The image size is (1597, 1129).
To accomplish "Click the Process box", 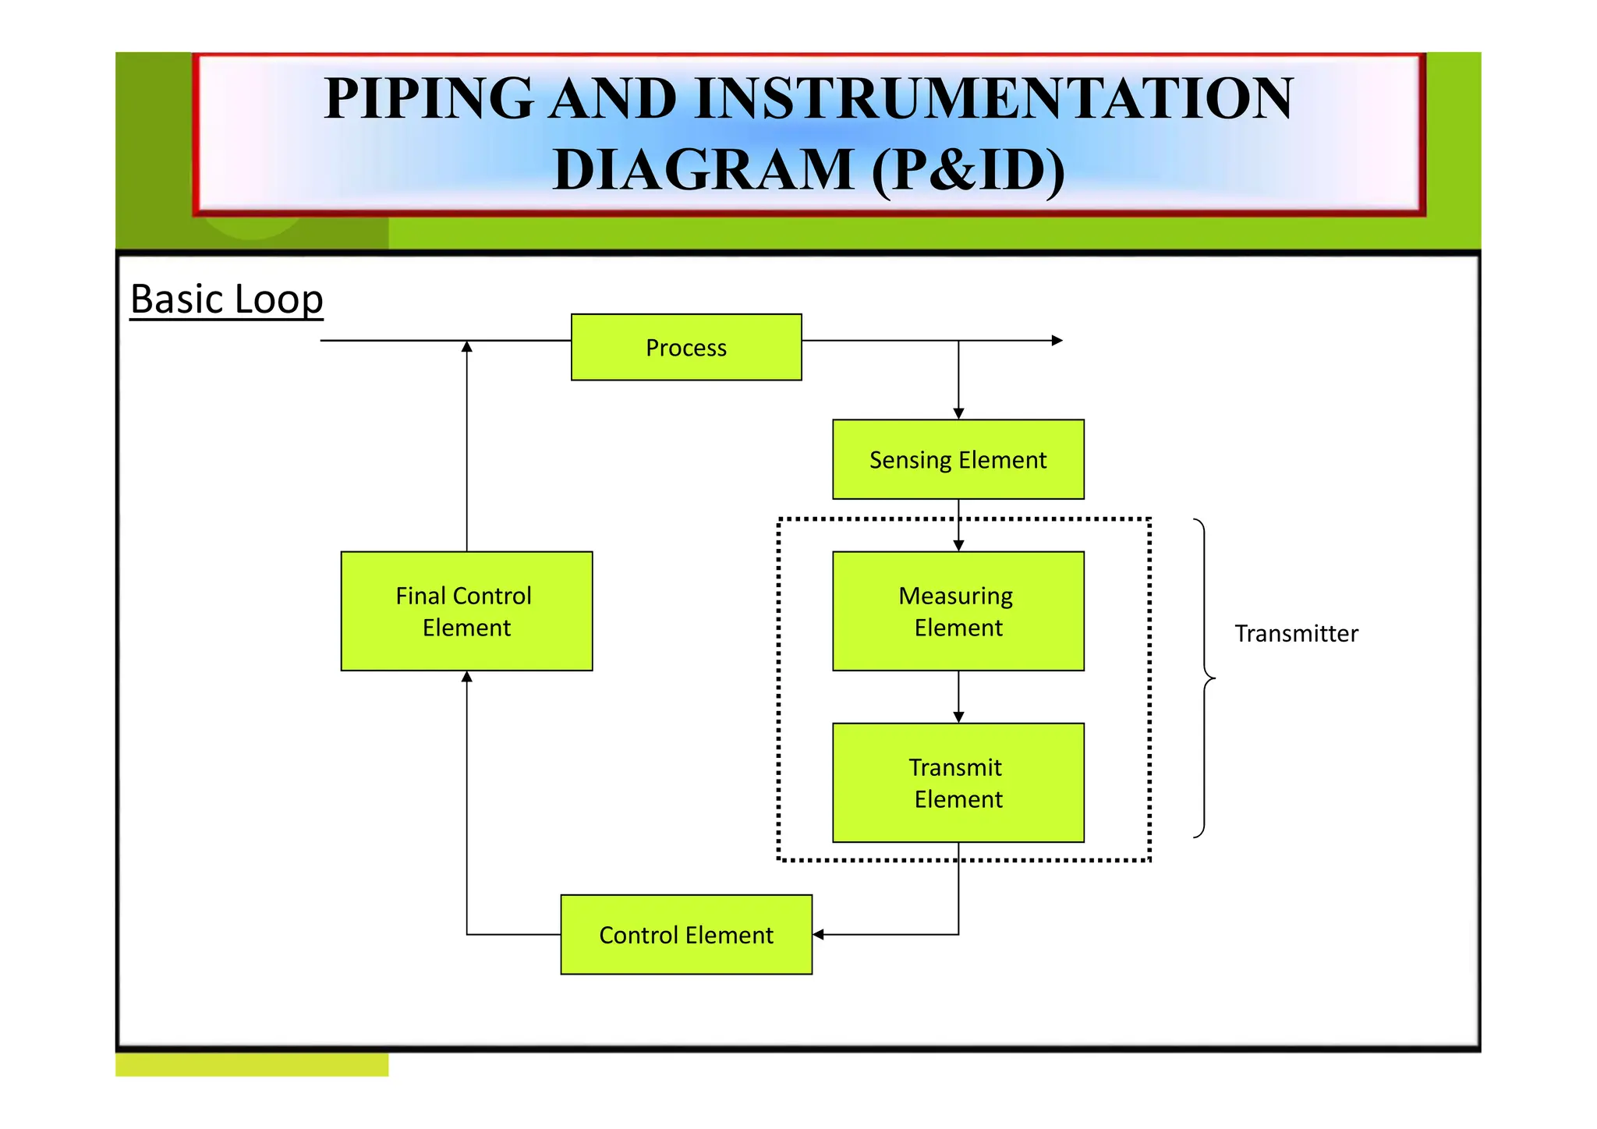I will click(686, 347).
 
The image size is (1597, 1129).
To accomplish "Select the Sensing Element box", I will click(958, 459).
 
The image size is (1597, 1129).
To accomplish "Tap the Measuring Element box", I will click(958, 611).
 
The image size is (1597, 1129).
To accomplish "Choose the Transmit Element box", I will click(958, 782).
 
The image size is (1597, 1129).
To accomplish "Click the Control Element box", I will click(686, 934).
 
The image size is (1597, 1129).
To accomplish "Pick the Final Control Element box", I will click(466, 611).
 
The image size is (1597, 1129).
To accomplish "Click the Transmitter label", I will click(1295, 633).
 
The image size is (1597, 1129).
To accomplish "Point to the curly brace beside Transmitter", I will click(1206, 678).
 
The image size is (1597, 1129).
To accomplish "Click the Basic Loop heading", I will click(226, 299).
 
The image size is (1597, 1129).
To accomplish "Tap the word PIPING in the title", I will click(428, 99).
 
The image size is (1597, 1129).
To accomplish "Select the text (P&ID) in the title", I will click(968, 170).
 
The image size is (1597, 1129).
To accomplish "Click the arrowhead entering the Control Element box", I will click(818, 934).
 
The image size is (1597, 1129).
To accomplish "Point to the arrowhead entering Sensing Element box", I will click(958, 414).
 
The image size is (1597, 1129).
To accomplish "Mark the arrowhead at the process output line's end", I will click(1057, 341).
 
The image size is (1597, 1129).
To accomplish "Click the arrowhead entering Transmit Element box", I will click(958, 717).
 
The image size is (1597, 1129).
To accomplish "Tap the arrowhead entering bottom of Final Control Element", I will click(466, 677).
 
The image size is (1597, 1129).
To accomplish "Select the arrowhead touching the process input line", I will click(466, 347).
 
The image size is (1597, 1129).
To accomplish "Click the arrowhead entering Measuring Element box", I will click(958, 546).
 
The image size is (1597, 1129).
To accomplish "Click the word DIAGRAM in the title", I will click(703, 170).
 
